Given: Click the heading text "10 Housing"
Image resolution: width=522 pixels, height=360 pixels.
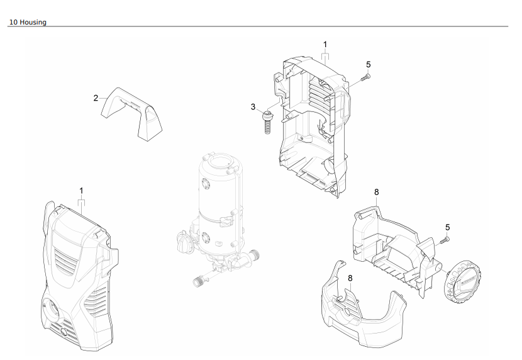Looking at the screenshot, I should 28,22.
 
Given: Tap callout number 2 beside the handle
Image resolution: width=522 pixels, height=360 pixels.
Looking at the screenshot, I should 96,98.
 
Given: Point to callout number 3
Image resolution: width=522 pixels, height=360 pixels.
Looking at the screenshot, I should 253,107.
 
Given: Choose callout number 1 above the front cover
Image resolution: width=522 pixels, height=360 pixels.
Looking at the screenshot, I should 81,190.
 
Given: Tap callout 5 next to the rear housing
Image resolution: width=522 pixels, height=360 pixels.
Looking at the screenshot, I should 369,64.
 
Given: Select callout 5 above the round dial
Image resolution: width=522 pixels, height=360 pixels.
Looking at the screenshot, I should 448,227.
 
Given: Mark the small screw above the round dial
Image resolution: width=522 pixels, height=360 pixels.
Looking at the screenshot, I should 445,239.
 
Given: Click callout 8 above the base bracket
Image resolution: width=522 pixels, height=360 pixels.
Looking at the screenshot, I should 376,191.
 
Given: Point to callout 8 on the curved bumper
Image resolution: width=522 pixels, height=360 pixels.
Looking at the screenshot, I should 350,277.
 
